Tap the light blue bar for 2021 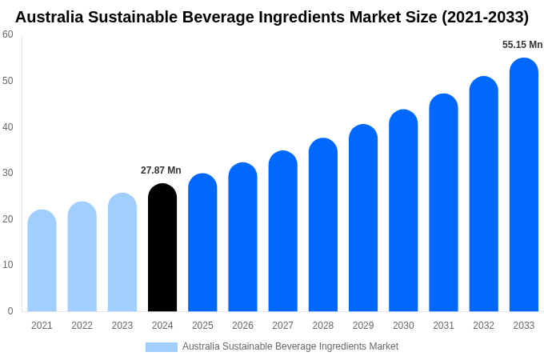(42, 262)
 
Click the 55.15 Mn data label (522, 45)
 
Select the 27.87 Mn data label (161, 170)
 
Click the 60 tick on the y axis (8, 34)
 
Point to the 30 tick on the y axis (8, 173)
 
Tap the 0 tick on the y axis (10, 311)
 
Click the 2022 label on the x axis (82, 326)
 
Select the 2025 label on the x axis (202, 326)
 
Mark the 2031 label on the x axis (443, 326)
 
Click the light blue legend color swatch (161, 347)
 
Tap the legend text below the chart (290, 346)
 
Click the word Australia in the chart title (50, 17)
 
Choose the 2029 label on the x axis (363, 326)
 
